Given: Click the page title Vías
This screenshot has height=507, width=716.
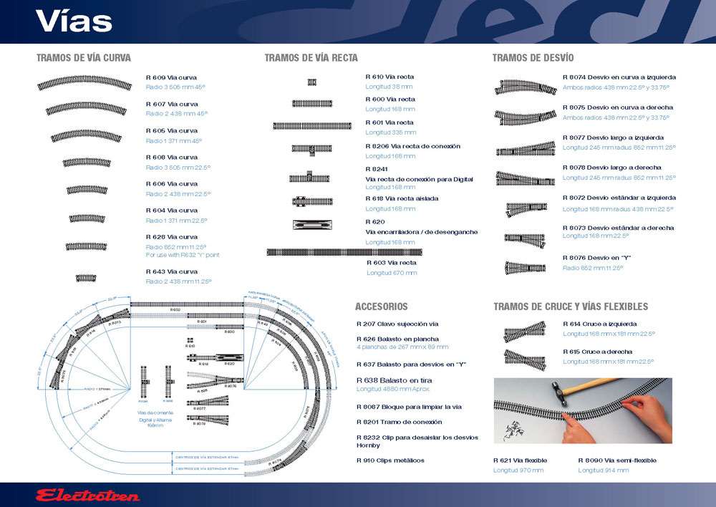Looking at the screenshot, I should point(74,21).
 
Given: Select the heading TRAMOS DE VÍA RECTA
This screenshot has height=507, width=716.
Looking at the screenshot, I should point(311,58).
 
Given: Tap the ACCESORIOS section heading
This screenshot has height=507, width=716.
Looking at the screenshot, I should point(382,306).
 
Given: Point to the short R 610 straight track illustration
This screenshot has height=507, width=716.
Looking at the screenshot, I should point(312,82).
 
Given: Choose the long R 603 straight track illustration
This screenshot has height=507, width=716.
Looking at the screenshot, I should point(344,252).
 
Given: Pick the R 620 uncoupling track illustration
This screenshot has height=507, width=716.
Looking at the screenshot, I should point(312,225).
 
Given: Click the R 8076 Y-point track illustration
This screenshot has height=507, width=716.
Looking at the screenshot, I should point(526,268).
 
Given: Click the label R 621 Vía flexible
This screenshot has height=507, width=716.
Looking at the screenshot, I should point(520,460).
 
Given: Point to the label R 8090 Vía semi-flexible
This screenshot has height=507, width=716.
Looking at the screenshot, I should point(616,460).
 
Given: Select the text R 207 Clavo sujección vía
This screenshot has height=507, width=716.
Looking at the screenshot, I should point(397,324).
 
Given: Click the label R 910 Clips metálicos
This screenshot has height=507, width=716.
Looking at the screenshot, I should point(390,460).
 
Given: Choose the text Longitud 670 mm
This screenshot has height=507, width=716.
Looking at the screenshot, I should point(391,273).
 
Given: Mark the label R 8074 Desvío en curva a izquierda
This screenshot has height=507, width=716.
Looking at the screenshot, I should point(619,77).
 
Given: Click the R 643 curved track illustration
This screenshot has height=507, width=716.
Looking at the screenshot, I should point(86,278).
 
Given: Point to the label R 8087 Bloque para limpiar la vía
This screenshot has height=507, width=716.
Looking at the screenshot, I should point(409,407).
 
